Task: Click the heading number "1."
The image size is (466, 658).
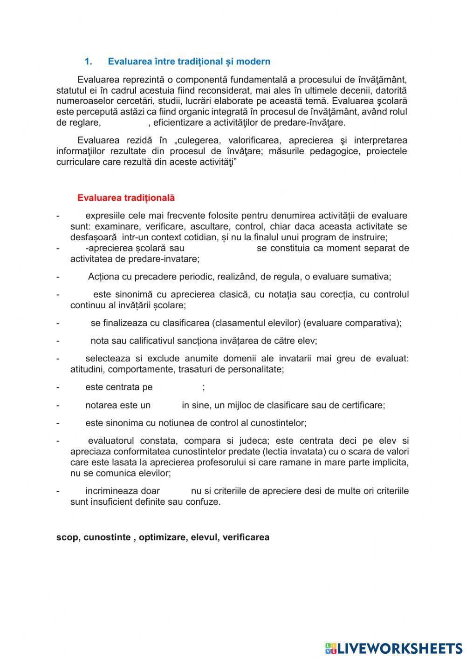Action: [89, 61]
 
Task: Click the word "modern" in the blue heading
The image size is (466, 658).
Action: [254, 61]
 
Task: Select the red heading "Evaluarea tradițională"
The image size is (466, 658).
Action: [126, 197]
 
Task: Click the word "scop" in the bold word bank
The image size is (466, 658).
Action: [67, 537]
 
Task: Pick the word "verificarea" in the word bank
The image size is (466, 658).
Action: [246, 537]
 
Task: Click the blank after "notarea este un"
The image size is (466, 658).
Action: [166, 405]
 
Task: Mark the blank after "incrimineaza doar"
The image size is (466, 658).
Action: [175, 491]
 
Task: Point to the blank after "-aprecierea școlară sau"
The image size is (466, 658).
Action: [220, 248]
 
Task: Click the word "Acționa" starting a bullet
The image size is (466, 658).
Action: [103, 277]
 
